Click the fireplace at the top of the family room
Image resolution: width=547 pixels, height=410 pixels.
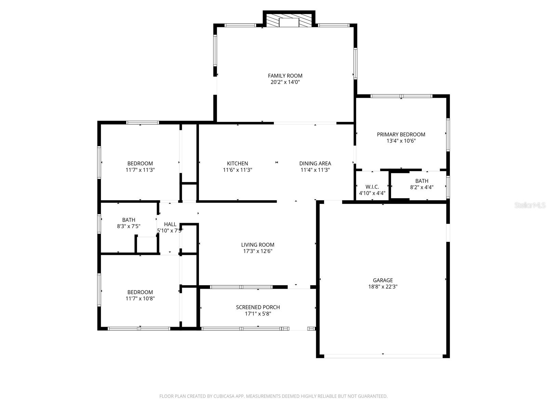point(289,20)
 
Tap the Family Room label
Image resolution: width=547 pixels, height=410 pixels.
point(285,76)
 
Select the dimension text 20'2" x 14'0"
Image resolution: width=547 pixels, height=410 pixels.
point(285,82)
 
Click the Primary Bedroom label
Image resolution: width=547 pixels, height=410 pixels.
point(401,134)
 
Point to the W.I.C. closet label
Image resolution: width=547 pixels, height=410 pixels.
point(372,187)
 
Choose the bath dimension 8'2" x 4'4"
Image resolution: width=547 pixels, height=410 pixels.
point(422,187)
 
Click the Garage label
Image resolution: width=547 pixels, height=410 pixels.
point(383,280)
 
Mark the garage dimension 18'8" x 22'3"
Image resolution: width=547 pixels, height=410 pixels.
point(383,287)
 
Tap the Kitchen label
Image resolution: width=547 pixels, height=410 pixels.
point(238,163)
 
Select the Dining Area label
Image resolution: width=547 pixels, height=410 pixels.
point(315,163)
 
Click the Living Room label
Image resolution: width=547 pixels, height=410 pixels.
point(258,245)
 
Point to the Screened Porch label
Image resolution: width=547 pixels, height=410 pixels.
point(258,307)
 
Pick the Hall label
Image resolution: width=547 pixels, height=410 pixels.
point(170,224)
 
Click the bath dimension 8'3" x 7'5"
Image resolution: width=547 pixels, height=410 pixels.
point(129,226)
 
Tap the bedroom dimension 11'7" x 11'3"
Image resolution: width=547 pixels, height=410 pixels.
point(140,170)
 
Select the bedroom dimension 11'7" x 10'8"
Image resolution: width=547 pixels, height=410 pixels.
point(140,299)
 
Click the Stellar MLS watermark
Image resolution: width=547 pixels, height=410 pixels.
point(530,205)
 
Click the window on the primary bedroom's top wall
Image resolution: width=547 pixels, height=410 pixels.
point(401,96)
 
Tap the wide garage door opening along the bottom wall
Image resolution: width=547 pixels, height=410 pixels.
point(383,356)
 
